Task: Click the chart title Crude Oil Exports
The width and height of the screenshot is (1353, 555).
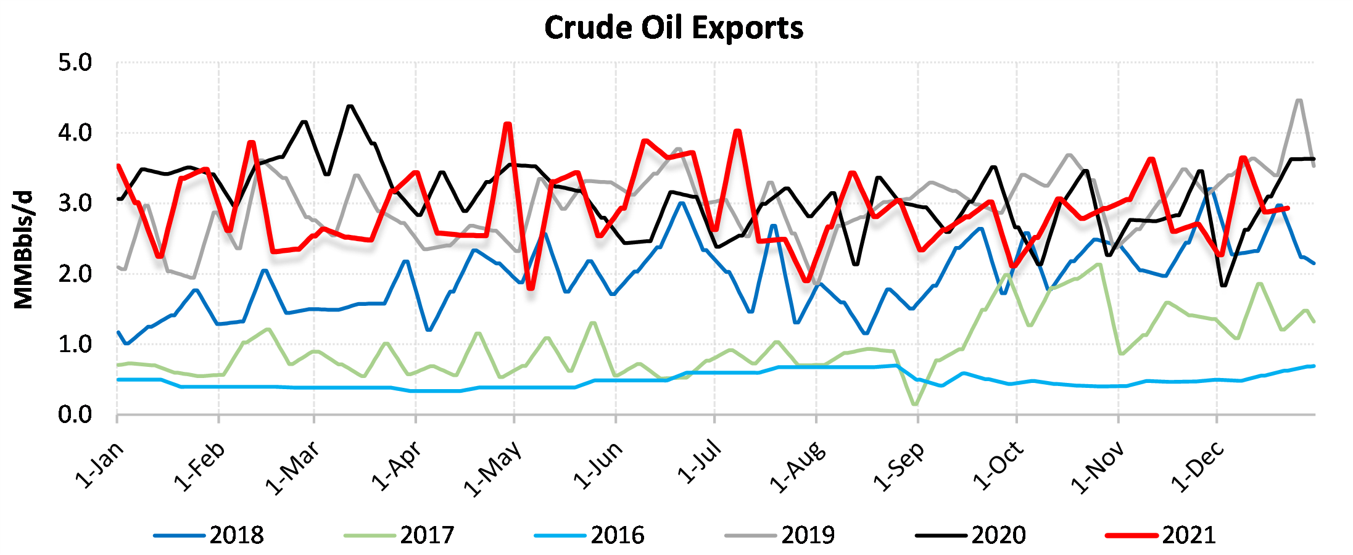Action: coord(674,28)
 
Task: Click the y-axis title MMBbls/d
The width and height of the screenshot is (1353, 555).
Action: coord(23,249)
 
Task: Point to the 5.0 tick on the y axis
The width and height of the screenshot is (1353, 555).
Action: coord(75,63)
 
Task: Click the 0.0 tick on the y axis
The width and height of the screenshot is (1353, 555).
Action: coord(75,415)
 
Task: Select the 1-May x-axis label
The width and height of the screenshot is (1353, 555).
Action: coord(494,469)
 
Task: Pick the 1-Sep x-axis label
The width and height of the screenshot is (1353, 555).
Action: coord(900,467)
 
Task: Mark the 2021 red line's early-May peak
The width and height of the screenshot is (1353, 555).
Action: coord(508,124)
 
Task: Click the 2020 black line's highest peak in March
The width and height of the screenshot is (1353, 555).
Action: coord(350,106)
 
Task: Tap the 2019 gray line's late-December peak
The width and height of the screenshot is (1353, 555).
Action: coord(1299,100)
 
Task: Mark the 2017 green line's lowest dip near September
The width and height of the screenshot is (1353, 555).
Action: coord(914,405)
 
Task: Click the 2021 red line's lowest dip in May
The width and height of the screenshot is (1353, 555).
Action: coord(531,289)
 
